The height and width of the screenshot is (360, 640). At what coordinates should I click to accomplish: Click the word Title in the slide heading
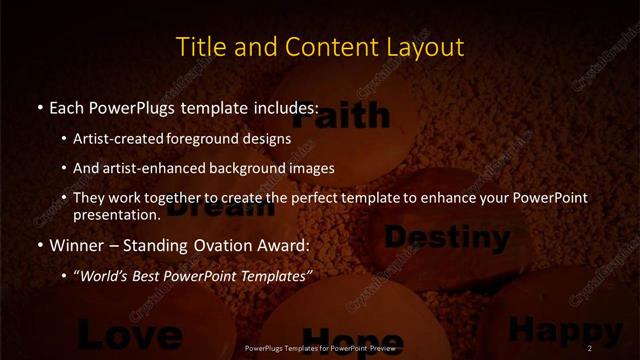click(x=199, y=47)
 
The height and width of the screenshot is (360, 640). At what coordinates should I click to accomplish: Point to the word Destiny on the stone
click(x=447, y=237)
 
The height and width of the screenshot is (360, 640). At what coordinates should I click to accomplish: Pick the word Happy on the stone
click(x=564, y=329)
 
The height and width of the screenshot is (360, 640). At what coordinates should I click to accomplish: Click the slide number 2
click(x=591, y=347)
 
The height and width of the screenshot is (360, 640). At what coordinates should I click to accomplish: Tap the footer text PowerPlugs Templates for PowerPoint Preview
click(x=319, y=348)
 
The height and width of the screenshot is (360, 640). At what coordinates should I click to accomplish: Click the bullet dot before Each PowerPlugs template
click(x=39, y=106)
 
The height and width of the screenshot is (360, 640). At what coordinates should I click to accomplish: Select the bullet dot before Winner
click(x=39, y=244)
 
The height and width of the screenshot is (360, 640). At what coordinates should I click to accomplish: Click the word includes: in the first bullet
click(x=285, y=106)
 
